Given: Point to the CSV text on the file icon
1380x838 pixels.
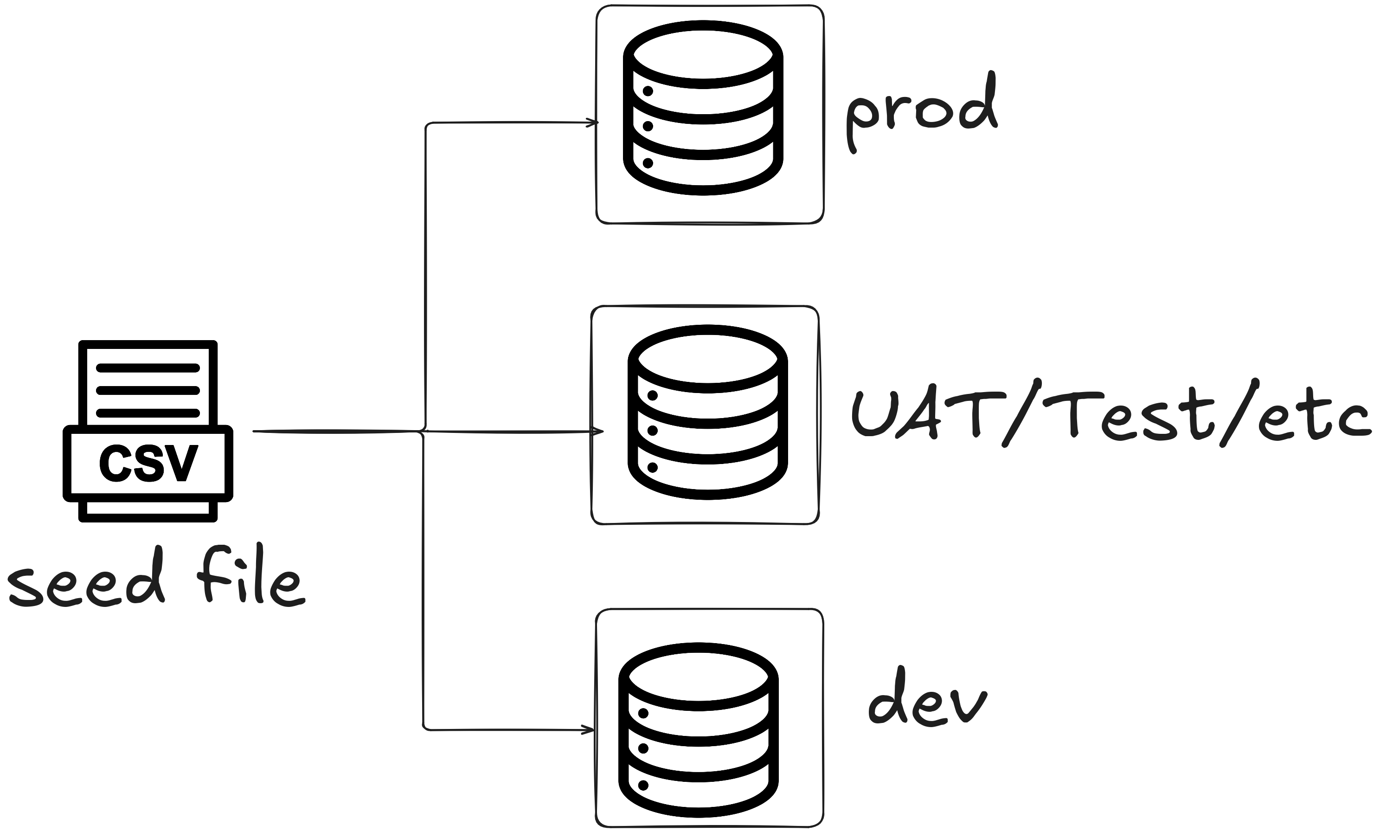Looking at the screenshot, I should tap(148, 463).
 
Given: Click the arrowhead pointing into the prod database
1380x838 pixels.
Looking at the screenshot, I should tap(592, 122).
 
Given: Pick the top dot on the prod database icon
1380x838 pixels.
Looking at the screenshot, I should tap(648, 91).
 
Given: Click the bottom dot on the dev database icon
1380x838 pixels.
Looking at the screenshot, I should tap(643, 786).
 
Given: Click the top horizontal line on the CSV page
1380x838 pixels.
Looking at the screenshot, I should tap(148, 368).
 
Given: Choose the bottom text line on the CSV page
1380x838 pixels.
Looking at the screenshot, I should tap(148, 413).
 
